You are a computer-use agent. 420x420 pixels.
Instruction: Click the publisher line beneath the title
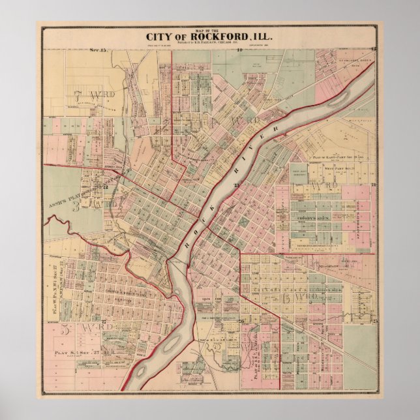pos(209,44)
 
